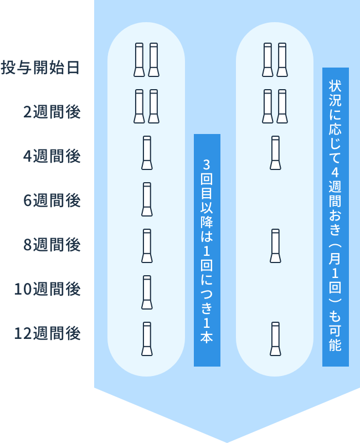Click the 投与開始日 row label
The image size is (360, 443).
(40, 68)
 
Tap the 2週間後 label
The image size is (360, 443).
(52, 112)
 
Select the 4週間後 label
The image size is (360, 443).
(52, 156)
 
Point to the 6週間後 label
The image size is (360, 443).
(52, 200)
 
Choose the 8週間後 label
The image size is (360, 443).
(52, 245)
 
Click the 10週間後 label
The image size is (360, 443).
(47, 289)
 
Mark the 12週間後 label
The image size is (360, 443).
(47, 333)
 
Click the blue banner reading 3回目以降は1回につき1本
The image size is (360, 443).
(207, 250)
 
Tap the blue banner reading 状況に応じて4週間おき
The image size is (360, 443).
(335, 217)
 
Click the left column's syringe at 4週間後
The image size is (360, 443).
(147, 153)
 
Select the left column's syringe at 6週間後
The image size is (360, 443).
(147, 199)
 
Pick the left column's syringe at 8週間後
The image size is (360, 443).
(147, 246)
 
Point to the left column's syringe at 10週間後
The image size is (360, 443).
(147, 292)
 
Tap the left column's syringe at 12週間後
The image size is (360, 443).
(147, 339)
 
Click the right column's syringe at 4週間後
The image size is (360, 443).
(275, 153)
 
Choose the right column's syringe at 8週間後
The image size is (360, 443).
(275, 246)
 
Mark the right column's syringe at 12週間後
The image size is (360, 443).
(275, 339)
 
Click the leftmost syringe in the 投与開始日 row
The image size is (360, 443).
(139, 60)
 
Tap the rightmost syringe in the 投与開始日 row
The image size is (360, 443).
(282, 60)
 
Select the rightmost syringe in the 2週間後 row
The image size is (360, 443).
(282, 106)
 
